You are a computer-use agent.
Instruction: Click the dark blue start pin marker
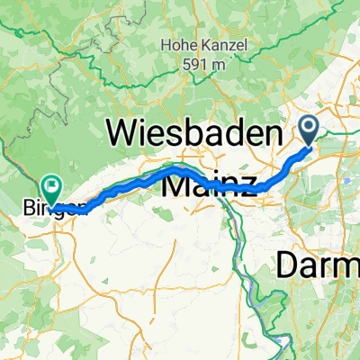click(309, 131)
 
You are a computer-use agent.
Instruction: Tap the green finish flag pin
click(52, 188)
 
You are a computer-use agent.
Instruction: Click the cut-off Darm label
click(316, 265)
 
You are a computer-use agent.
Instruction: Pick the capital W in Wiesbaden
click(123, 135)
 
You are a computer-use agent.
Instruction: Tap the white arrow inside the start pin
click(309, 129)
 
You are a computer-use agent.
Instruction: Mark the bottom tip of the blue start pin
click(309, 148)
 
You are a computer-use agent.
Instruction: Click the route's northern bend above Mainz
click(178, 167)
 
